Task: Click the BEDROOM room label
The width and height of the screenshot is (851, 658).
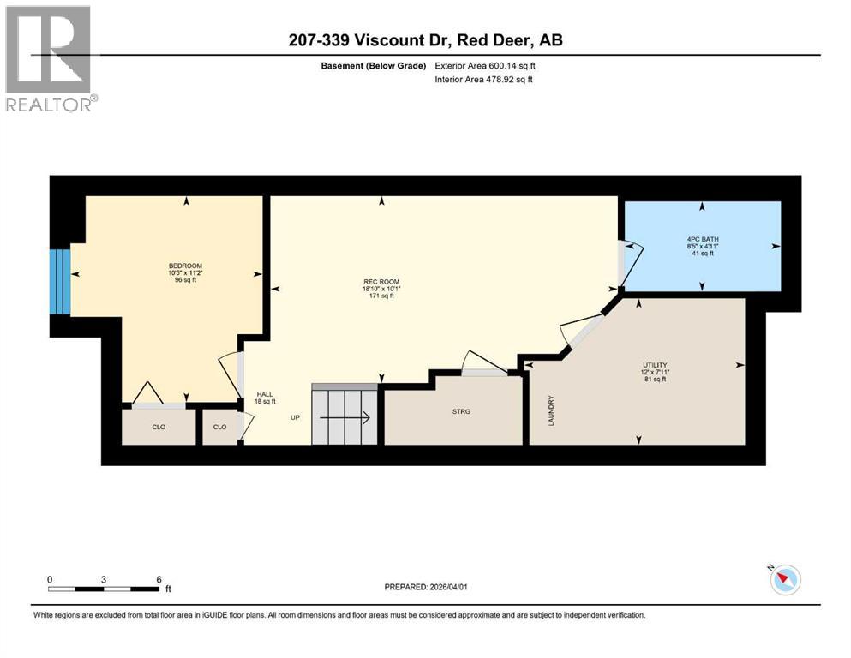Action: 186,266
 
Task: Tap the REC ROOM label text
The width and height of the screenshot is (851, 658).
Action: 381,282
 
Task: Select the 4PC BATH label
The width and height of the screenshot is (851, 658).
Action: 703,239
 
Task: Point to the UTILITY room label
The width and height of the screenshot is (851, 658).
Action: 655,364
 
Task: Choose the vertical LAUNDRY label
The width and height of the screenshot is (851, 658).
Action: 552,410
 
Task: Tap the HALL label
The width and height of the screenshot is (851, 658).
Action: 264,395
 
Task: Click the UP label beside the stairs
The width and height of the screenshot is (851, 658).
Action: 294,419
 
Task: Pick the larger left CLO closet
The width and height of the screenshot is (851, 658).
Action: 159,426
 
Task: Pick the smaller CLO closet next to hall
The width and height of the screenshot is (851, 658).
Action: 220,426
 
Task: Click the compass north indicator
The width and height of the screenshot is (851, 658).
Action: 784,580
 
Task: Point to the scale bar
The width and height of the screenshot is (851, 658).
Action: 105,588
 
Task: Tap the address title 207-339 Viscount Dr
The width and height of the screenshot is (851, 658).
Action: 425,40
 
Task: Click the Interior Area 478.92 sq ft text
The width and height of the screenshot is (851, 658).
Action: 484,80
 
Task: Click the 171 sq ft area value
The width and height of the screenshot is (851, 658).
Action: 381,296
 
